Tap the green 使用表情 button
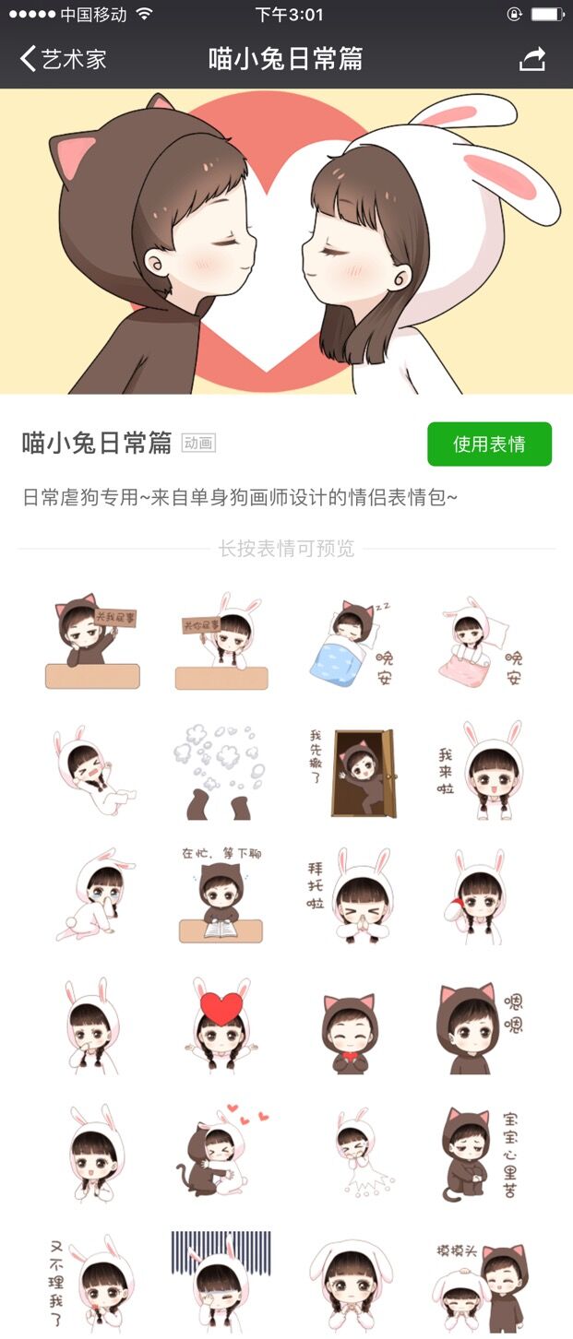489,444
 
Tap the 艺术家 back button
64,59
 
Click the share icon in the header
532,59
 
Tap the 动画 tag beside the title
198,444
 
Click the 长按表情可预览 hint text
286,549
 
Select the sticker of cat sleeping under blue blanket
349,643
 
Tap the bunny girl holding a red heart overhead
221,1024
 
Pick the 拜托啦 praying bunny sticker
351,895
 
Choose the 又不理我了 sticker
92,1282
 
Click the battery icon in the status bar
547,15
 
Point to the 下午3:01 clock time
289,15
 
